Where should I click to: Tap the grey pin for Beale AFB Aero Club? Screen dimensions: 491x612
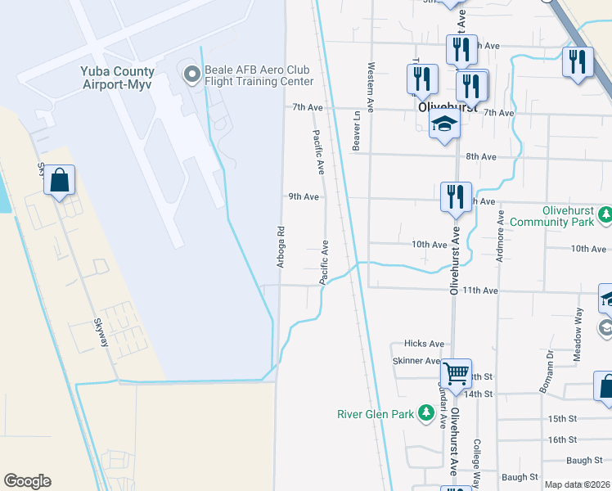(192, 75)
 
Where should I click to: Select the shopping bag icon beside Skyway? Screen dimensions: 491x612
(60, 181)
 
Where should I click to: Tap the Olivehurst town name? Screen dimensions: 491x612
(442, 107)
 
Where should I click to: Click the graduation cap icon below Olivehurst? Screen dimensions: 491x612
(444, 124)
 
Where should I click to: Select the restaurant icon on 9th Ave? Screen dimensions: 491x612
(456, 197)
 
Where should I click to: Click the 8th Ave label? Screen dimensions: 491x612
(481, 156)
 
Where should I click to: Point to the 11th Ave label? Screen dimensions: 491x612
(480, 291)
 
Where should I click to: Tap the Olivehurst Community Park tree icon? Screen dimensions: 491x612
(605, 215)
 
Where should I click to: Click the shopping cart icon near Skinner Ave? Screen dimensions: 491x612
(456, 373)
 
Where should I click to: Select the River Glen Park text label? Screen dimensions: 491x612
(376, 414)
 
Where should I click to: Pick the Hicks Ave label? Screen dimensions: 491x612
(424, 345)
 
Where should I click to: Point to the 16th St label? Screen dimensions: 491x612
(563, 440)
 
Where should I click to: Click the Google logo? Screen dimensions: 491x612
(27, 481)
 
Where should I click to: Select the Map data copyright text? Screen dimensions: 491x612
(578, 484)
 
